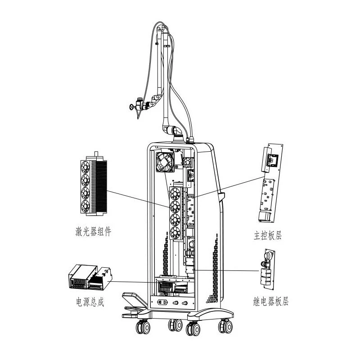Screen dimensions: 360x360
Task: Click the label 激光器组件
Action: (93, 231)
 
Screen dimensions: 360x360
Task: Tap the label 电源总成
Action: (90, 301)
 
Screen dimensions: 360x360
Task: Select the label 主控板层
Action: (268, 235)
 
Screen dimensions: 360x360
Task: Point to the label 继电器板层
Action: (271, 301)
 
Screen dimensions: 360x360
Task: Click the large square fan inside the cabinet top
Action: (165, 162)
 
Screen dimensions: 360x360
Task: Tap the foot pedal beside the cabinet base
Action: (134, 304)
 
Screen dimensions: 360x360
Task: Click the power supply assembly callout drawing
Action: (90, 278)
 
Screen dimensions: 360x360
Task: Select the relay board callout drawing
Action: (267, 269)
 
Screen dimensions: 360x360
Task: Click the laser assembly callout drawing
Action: (94, 184)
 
